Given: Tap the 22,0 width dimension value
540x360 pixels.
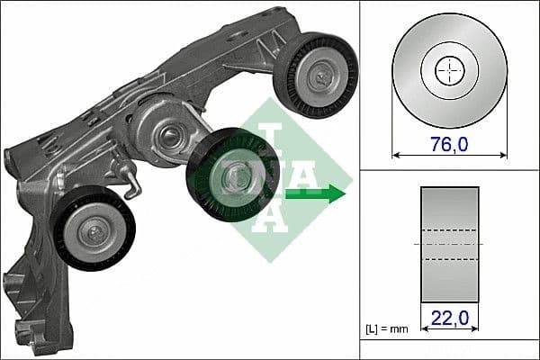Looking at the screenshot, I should pyautogui.click(x=449, y=317).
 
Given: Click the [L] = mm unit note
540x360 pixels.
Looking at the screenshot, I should pyautogui.click(x=387, y=329).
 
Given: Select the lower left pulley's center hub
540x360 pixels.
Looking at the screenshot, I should pyautogui.click(x=93, y=231).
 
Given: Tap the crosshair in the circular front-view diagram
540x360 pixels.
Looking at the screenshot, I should pyautogui.click(x=449, y=70).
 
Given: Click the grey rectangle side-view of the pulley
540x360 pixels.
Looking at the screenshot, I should pyautogui.click(x=449, y=244).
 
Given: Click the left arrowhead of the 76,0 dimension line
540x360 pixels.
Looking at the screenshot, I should pyautogui.click(x=397, y=153).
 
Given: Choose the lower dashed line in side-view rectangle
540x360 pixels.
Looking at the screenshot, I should pyautogui.click(x=449, y=259).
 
